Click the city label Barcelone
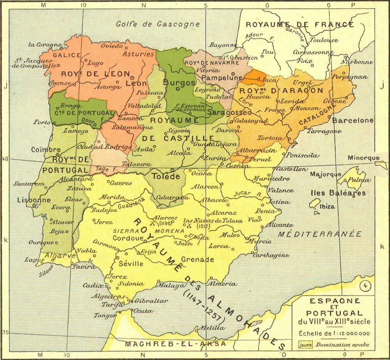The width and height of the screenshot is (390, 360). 353,121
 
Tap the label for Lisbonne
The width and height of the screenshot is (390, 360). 34,200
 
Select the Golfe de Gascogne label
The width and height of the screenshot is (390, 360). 158,24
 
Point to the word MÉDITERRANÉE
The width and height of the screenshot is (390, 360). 320,234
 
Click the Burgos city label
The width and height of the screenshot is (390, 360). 179,83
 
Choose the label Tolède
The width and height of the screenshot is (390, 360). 166,176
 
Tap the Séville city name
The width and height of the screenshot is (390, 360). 131,264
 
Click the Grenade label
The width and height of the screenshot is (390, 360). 198,259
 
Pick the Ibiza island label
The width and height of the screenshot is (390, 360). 327,207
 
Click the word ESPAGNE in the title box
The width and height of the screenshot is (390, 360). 335,301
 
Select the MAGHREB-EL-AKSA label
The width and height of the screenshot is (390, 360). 175,344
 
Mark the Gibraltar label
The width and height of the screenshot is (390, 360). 151,301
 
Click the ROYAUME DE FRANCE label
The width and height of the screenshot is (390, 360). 300,25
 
